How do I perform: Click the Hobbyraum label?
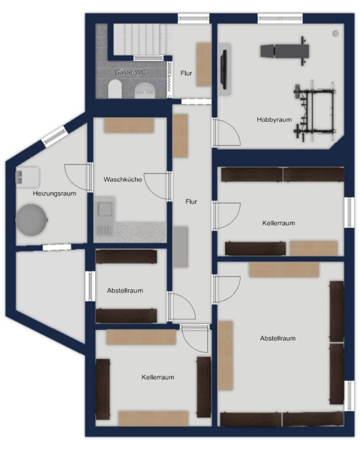[x=274, y=119]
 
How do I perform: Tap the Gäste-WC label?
[x=130, y=72]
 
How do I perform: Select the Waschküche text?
[x=123, y=179]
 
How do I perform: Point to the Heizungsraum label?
[x=54, y=193]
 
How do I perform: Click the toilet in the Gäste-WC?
[x=115, y=88]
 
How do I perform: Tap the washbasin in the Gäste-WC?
[x=145, y=90]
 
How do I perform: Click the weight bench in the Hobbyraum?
[x=285, y=51]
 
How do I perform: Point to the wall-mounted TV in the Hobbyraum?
[x=223, y=68]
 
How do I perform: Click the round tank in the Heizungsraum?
[x=31, y=220]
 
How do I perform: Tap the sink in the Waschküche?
[x=104, y=207]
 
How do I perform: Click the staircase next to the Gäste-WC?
[x=140, y=39]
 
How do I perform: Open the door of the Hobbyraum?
[x=226, y=132]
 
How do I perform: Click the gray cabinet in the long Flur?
[x=180, y=247]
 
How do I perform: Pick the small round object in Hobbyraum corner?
[x=335, y=33]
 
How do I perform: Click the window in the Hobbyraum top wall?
[x=280, y=18]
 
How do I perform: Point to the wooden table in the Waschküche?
[x=129, y=125]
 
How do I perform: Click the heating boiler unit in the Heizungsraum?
[x=27, y=177]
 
